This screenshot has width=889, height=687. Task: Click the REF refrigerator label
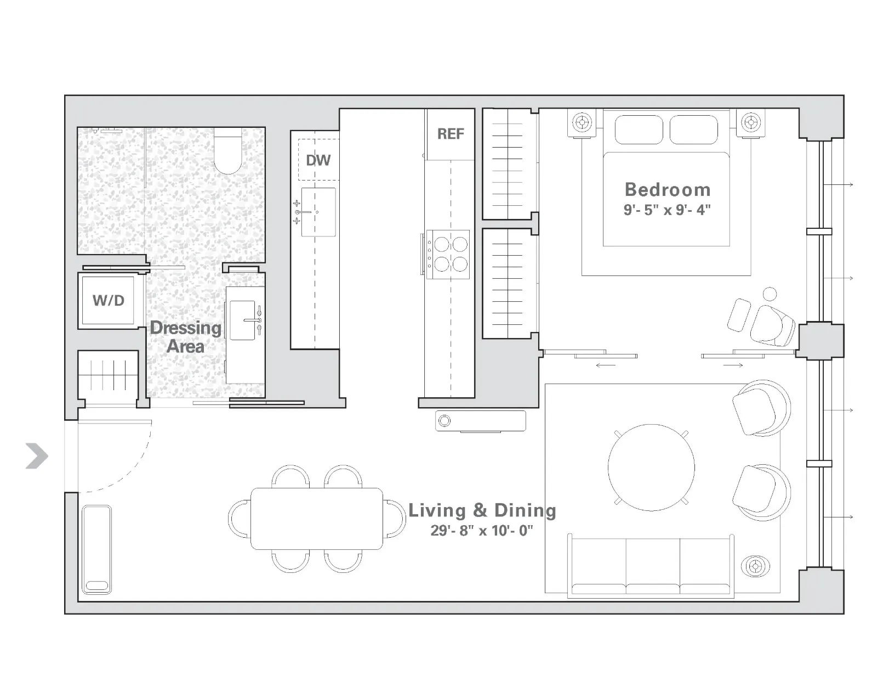(x=451, y=134)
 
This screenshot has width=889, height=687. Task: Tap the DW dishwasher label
(x=318, y=160)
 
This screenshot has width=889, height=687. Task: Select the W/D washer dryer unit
(x=109, y=300)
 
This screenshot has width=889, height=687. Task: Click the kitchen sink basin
(x=318, y=212)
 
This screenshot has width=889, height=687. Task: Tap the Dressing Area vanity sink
(x=243, y=320)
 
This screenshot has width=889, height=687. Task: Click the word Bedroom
(x=668, y=190)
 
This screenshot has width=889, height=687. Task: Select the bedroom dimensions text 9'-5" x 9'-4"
(x=667, y=210)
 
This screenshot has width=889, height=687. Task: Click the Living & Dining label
(x=482, y=510)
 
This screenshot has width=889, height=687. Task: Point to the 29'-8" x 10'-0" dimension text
(x=482, y=531)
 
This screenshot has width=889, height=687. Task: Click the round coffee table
(x=651, y=468)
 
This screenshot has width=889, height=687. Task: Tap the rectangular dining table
(x=317, y=519)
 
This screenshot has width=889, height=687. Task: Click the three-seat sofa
(x=652, y=566)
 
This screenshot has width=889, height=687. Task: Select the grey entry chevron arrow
(x=37, y=456)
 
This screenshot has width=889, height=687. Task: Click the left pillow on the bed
(x=639, y=130)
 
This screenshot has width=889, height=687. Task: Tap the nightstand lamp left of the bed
(x=582, y=122)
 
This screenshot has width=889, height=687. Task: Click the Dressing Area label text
(x=185, y=337)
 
